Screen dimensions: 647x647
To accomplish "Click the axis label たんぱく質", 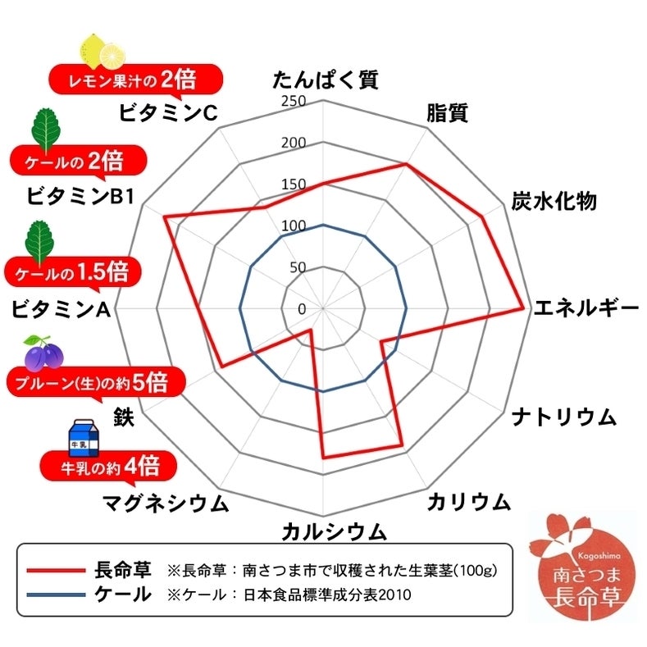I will [326, 81].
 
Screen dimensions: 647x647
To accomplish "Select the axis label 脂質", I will [447, 114].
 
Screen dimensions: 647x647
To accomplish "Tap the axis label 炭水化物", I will [554, 202].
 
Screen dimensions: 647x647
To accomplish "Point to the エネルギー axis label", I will [585, 309].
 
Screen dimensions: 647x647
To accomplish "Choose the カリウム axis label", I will [468, 502].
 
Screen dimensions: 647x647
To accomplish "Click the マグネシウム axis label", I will [165, 503].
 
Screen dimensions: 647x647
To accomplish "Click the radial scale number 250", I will [293, 102].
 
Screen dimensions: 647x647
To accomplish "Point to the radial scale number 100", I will [293, 226].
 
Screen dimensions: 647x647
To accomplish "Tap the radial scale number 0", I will [302, 309].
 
